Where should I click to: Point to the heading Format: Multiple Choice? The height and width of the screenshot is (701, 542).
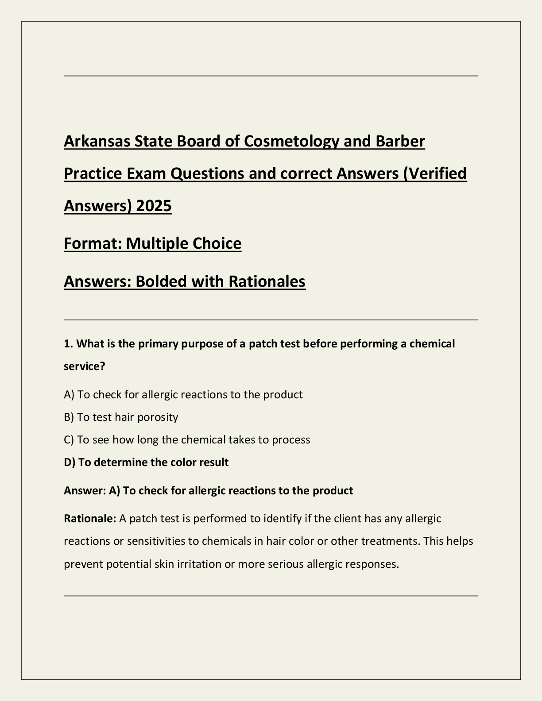(153, 243)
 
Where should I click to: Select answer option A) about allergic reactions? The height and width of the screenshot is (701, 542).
(183, 394)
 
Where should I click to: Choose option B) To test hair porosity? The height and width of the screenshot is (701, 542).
(121, 417)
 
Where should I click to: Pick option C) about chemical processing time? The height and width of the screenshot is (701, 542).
(187, 439)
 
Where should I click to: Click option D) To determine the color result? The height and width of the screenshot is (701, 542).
(146, 462)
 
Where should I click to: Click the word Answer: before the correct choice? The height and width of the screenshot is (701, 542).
(85, 490)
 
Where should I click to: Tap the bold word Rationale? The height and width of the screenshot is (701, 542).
(90, 518)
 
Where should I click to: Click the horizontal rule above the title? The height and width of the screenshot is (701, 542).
(271, 76)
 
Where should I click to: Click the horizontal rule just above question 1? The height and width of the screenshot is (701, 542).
(271, 320)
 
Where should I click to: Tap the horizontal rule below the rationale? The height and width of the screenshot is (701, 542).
(271, 596)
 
